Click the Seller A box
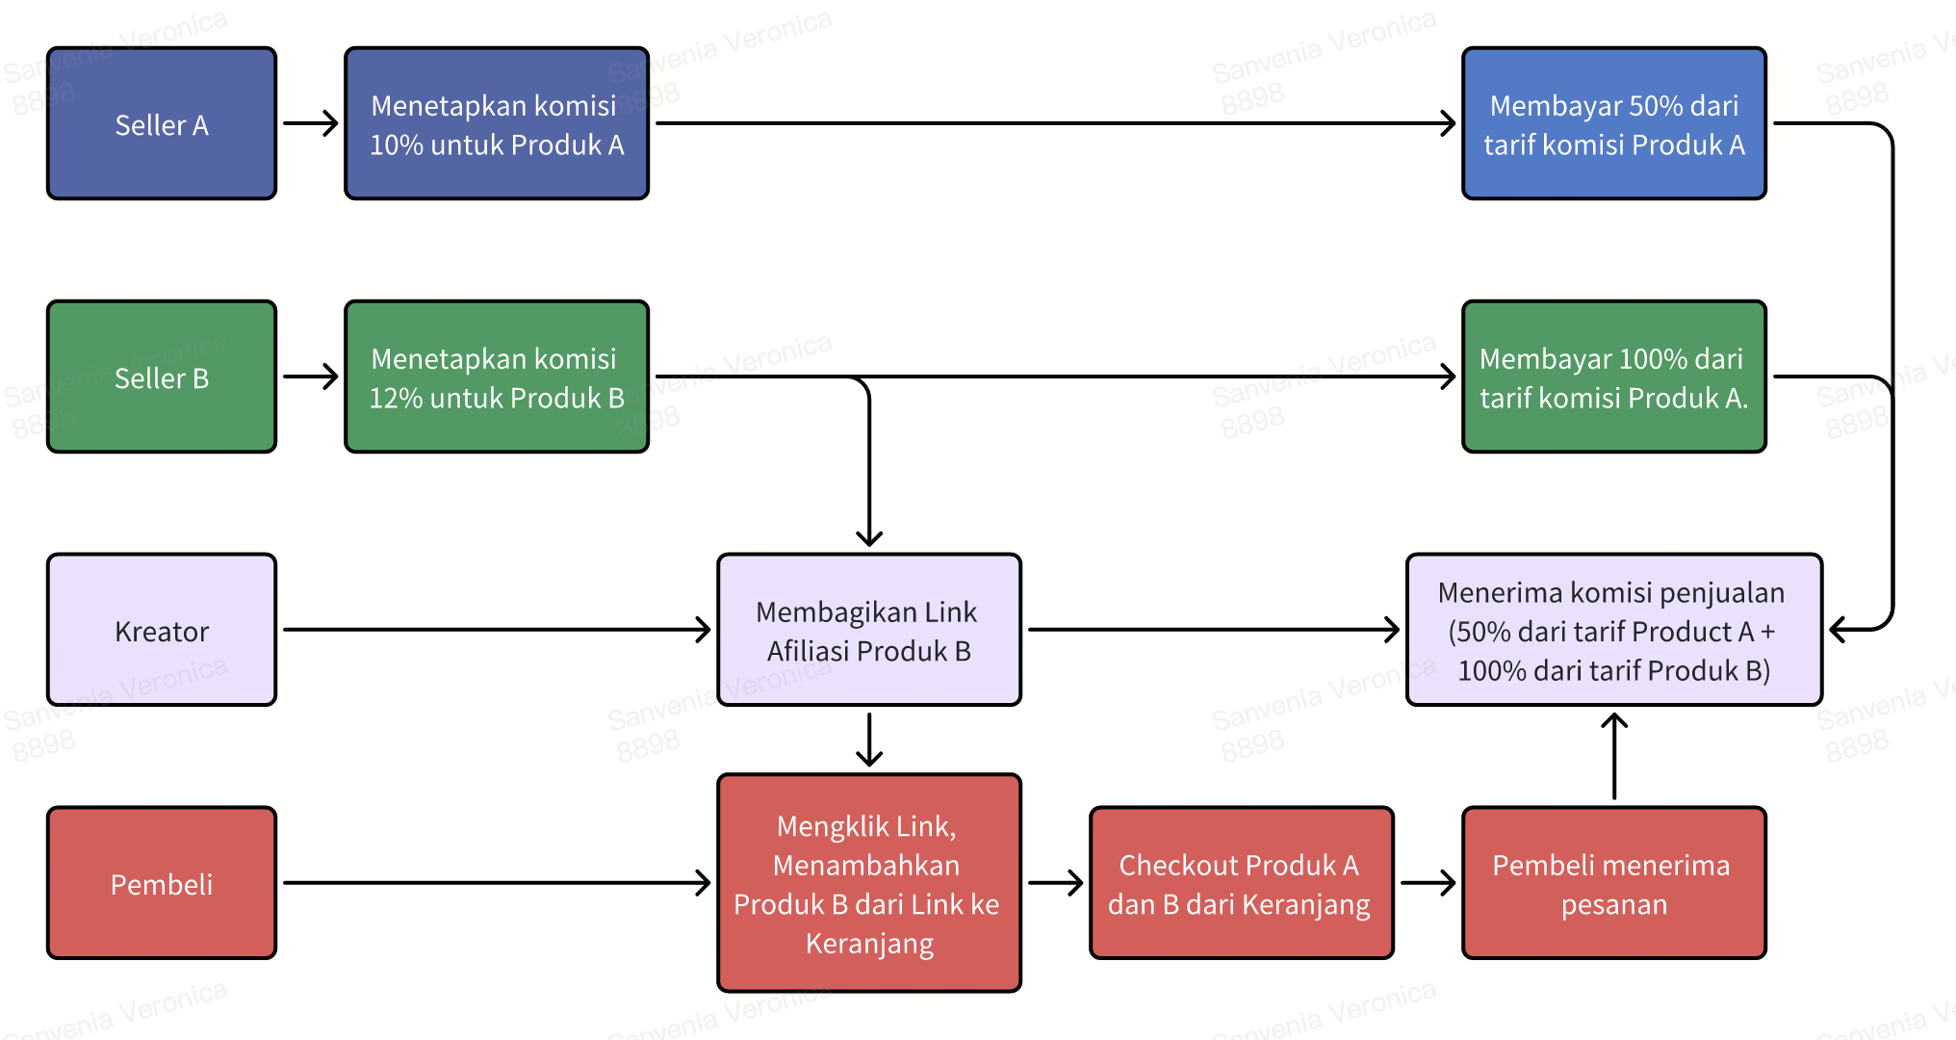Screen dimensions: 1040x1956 pyautogui.click(x=162, y=124)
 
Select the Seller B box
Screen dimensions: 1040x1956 pyautogui.click(x=162, y=377)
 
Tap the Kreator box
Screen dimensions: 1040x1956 pyautogui.click(x=162, y=631)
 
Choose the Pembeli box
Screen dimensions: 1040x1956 pyautogui.click(x=162, y=884)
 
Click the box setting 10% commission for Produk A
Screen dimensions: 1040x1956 pyautogui.click(x=497, y=124)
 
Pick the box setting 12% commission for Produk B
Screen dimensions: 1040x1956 pyautogui.click(x=497, y=377)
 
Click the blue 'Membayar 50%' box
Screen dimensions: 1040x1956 pyautogui.click(x=1613, y=124)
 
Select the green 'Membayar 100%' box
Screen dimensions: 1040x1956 pyautogui.click(x=1613, y=377)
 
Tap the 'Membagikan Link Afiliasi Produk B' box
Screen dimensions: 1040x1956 pyautogui.click(x=868, y=631)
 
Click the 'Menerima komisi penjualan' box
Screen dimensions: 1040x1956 pyautogui.click(x=1613, y=631)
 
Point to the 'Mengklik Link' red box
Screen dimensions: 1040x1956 pyautogui.click(x=868, y=884)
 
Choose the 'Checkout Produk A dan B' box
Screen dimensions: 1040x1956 pyautogui.click(x=1241, y=884)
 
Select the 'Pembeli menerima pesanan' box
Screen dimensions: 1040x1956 pyautogui.click(x=1613, y=884)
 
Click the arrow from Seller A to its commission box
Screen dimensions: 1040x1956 pyautogui.click(x=311, y=123)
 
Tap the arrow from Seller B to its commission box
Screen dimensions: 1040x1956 pyautogui.click(x=311, y=377)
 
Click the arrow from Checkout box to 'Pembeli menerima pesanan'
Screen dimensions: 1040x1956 pyautogui.click(x=1428, y=883)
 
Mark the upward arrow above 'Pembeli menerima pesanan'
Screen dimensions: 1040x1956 pyautogui.click(x=1614, y=756)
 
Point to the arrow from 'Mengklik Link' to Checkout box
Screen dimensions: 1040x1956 pyautogui.click(x=1055, y=883)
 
